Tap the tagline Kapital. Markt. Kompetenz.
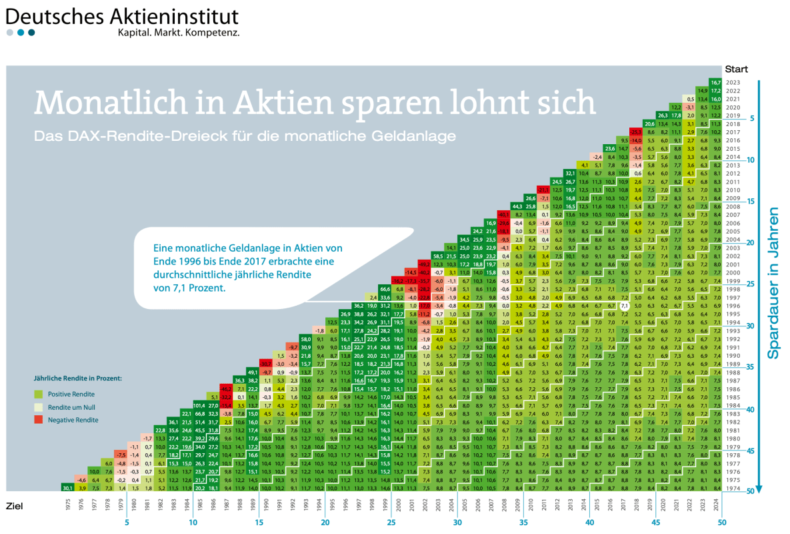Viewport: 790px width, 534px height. coord(178,32)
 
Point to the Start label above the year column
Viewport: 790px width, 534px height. coord(736,69)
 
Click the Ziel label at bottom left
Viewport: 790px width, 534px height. coord(15,505)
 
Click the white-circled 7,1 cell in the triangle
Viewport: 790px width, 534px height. coord(624,305)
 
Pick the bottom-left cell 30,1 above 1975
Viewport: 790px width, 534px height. coord(67,487)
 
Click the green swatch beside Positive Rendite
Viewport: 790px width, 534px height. coord(38,393)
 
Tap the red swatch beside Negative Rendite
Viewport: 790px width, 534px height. coord(38,419)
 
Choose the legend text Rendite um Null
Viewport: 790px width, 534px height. coord(73,407)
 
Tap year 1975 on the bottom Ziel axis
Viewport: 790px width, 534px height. coord(67,505)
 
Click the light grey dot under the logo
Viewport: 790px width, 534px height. coord(10,32)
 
